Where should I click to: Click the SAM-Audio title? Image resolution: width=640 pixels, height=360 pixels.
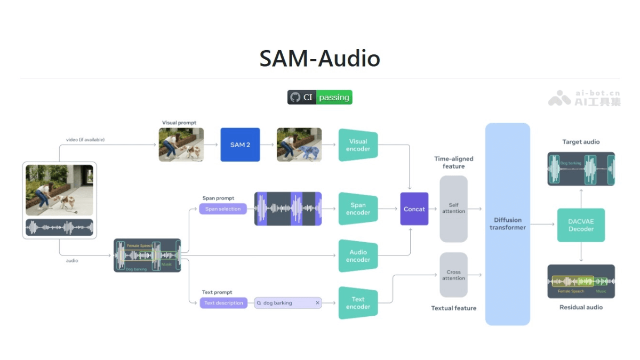tap(319, 59)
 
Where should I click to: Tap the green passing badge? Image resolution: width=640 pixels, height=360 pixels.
tap(334, 98)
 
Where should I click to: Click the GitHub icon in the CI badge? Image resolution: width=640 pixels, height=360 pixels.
tap(295, 98)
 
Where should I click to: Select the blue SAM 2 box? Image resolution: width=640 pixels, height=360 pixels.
tap(240, 145)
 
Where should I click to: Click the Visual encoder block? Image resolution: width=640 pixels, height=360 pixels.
tap(358, 145)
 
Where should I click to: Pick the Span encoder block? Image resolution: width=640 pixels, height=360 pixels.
tap(358, 209)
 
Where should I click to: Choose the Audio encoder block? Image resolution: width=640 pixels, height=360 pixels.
tap(358, 256)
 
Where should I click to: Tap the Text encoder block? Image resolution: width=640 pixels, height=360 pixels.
tap(358, 303)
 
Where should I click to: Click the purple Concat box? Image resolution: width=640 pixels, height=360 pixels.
tap(414, 209)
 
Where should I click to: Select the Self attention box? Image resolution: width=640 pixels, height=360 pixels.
tap(453, 209)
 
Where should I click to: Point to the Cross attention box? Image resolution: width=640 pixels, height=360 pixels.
tap(453, 275)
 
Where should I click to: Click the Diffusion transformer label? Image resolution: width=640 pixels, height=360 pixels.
tap(507, 223)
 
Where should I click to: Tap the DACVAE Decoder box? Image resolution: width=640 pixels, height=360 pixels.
tap(581, 225)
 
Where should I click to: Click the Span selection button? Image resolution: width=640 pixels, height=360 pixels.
tap(223, 209)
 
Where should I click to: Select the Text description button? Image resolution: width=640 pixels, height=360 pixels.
tap(223, 303)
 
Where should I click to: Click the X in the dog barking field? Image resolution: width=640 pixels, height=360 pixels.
tap(317, 303)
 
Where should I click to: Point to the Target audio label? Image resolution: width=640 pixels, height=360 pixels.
tap(581, 142)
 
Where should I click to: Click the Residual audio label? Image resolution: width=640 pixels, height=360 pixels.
tap(581, 307)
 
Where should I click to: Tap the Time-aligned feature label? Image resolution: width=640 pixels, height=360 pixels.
tap(453, 162)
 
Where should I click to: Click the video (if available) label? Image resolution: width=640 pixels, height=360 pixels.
tap(85, 140)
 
